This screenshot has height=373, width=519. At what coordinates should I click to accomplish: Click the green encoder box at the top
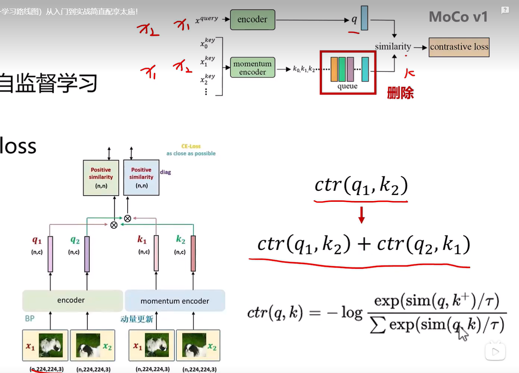(253, 20)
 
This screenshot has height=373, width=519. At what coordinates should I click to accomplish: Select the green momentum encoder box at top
(253, 68)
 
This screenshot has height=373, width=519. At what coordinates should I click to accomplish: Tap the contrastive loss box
(459, 47)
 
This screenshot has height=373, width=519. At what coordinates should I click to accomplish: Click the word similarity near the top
(393, 47)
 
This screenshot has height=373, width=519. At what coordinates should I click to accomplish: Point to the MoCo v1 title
(458, 17)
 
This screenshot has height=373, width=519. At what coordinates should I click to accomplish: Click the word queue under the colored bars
(347, 86)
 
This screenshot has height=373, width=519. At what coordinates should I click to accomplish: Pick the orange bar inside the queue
(334, 69)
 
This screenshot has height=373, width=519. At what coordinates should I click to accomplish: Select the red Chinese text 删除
(400, 93)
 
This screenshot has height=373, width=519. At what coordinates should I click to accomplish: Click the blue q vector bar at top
(365, 18)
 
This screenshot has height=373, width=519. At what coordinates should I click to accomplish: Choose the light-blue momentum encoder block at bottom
(175, 301)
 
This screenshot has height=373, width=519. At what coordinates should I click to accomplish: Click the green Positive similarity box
(101, 178)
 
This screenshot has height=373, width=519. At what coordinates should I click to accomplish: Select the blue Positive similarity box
(141, 178)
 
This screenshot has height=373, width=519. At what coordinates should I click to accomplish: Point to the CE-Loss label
(191, 146)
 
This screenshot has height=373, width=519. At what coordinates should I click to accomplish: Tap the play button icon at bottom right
(495, 352)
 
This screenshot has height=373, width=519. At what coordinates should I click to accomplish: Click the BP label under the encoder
(30, 319)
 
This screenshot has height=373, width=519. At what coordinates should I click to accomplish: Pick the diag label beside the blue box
(165, 172)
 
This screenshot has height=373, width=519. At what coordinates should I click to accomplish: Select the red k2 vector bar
(193, 254)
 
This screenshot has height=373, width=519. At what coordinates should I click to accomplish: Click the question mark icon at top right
(505, 10)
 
